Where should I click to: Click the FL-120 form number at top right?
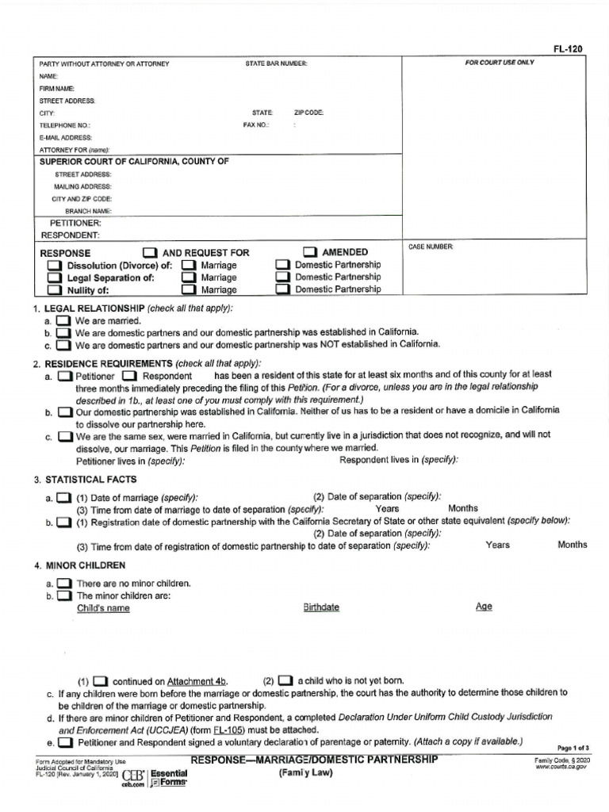[569, 49]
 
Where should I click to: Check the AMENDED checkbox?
[309, 252]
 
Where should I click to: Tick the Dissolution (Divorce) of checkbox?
[54, 265]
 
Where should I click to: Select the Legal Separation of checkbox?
[54, 278]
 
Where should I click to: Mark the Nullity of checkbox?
[54, 290]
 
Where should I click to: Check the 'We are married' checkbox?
[63, 321]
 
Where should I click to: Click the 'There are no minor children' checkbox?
[63, 584]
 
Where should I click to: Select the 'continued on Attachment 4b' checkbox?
[100, 681]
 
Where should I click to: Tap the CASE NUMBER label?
[431, 247]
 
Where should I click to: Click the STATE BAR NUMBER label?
[276, 63]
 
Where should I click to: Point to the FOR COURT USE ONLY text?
[500, 63]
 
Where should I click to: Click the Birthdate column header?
[321, 607]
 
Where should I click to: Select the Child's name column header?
[103, 608]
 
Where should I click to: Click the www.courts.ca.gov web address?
[563, 768]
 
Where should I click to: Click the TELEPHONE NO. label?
[65, 125]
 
